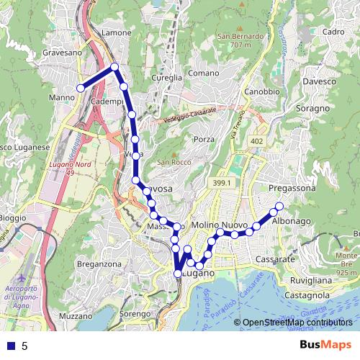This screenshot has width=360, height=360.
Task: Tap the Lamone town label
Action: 117,33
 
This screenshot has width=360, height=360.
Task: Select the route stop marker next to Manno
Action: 81,88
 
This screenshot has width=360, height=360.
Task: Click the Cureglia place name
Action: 168,78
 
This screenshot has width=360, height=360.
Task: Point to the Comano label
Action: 203,73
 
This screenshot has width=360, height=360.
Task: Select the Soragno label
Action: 312,108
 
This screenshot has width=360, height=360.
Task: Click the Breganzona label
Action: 99,264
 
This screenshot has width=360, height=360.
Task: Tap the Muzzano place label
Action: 72,316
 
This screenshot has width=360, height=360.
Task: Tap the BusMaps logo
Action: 325,346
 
